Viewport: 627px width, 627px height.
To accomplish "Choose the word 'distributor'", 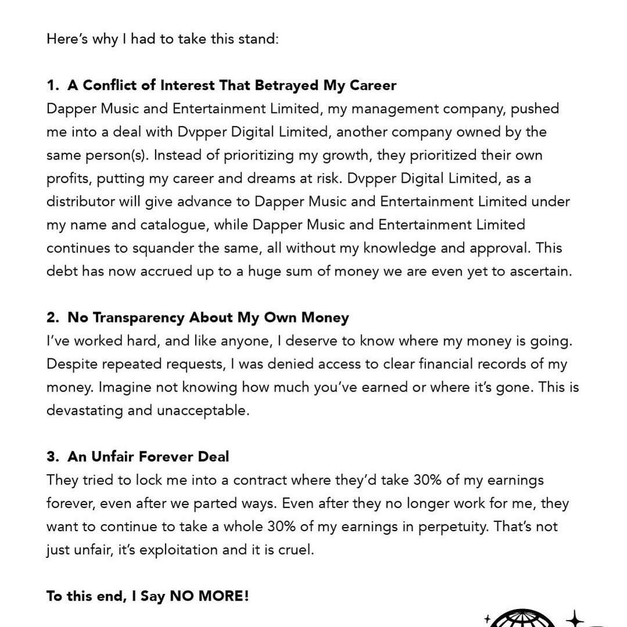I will [x=81, y=201].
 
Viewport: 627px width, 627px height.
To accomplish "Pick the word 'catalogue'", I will [x=178, y=225].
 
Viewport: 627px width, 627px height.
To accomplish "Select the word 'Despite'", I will [x=70, y=364].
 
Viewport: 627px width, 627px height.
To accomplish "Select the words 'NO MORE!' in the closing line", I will [x=209, y=596].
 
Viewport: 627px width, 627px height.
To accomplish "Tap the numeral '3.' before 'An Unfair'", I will [x=53, y=457].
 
